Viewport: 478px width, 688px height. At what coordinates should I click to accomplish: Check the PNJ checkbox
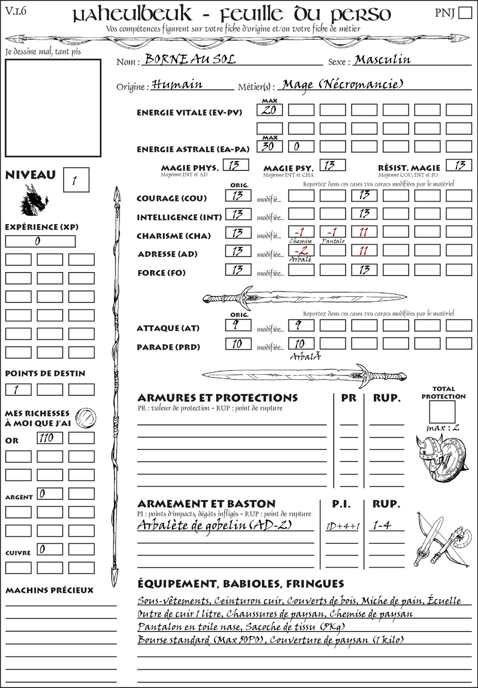[465, 13]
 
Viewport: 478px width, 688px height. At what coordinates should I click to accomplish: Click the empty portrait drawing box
[53, 108]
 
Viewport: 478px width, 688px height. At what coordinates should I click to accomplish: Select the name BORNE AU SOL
[190, 59]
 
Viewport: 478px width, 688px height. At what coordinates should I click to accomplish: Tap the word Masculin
[382, 60]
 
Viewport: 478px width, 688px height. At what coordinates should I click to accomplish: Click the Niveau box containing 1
[76, 180]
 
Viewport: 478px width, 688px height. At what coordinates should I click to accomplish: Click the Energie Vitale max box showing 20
[269, 110]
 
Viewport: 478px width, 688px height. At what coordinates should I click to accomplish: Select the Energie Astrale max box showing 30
[269, 146]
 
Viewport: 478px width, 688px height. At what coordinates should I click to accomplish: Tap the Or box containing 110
[49, 438]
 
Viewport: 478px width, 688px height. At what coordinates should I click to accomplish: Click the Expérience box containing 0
[40, 241]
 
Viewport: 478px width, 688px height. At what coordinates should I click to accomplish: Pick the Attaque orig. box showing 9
[238, 325]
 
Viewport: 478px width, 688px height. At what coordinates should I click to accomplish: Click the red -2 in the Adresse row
[301, 250]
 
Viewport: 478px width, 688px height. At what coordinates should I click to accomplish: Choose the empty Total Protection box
[442, 412]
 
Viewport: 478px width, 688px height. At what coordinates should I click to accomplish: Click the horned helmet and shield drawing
[440, 458]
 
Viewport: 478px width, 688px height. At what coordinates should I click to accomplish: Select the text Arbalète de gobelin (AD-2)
[215, 525]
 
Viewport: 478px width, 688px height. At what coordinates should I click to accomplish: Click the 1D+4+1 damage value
[343, 527]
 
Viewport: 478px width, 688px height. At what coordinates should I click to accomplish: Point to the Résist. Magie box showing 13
[459, 165]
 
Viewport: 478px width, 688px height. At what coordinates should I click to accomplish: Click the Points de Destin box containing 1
[18, 390]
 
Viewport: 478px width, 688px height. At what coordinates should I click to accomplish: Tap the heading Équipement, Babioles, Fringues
[240, 583]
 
